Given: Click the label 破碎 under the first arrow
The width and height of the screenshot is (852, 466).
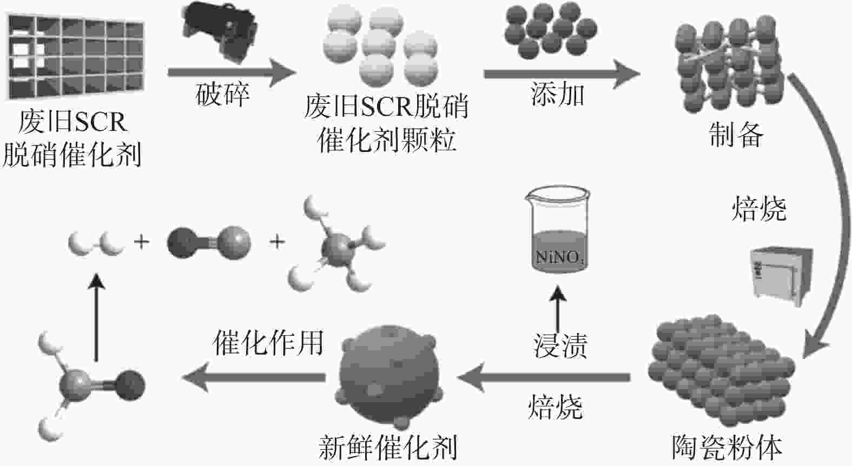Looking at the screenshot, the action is click(x=222, y=94).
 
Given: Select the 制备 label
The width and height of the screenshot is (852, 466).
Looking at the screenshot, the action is click(x=736, y=135).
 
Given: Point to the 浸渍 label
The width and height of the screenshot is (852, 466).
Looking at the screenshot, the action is click(x=560, y=345).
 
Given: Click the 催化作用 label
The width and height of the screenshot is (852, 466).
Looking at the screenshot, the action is click(x=268, y=342).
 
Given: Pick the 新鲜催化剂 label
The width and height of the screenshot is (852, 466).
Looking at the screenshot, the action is click(x=387, y=448).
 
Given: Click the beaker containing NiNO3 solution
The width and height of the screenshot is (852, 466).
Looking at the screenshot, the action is click(x=558, y=229).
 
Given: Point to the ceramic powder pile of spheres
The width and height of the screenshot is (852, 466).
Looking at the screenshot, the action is click(x=721, y=371).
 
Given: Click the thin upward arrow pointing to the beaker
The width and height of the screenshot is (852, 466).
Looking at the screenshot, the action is click(x=558, y=309).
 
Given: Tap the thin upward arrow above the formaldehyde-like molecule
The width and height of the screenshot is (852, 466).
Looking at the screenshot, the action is click(x=96, y=317).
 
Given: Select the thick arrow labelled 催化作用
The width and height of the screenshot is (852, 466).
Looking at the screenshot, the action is click(x=254, y=377).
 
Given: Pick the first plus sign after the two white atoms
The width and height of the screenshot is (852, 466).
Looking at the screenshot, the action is click(x=142, y=242).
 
